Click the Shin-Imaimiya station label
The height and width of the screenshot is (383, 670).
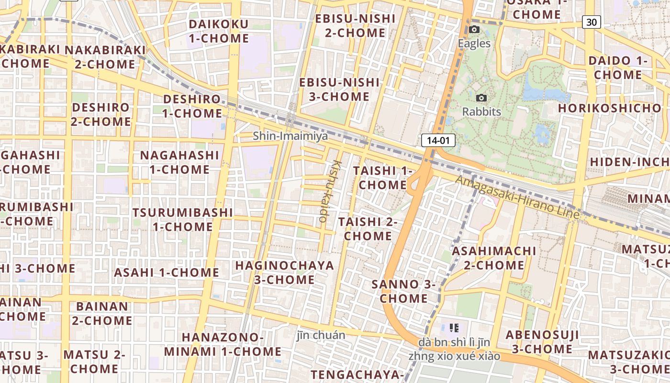coord(290,136)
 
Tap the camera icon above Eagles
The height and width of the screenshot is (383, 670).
coord(474,30)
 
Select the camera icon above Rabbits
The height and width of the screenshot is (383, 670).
coord(481,98)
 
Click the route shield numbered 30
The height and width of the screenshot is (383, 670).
coord(592,22)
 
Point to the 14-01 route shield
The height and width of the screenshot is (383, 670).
coord(438,140)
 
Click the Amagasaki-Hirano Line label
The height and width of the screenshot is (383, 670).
coord(517,198)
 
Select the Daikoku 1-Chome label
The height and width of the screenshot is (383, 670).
coord(219,31)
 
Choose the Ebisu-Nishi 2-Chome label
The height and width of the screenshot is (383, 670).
coord(355,26)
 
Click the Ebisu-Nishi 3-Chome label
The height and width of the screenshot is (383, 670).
coord(339,89)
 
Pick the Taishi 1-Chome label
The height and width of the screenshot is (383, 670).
coord(382,178)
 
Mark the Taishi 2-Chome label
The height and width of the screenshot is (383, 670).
coord(368,229)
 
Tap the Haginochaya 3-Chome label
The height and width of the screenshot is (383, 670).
coord(284,272)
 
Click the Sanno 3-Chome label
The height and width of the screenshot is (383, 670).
coord(403,291)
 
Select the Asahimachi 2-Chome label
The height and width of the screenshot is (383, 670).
coord(494,258)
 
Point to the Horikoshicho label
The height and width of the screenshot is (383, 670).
coord(609,108)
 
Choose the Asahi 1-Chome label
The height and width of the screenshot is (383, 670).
coord(166,272)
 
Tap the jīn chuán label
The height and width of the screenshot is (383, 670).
coord(321,335)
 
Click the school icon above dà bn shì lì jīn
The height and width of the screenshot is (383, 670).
coord(454,328)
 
